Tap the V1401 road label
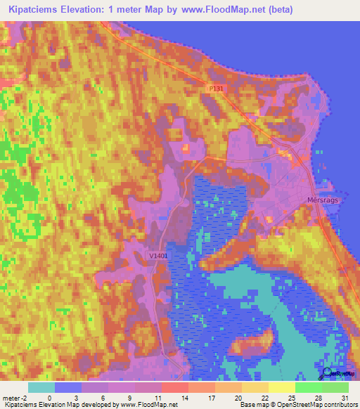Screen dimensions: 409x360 (158, 257)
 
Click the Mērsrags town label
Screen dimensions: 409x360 (323, 199)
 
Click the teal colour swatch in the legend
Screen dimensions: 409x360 (41, 387)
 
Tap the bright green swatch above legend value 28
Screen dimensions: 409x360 (309, 387)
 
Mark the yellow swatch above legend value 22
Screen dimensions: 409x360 (255, 387)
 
